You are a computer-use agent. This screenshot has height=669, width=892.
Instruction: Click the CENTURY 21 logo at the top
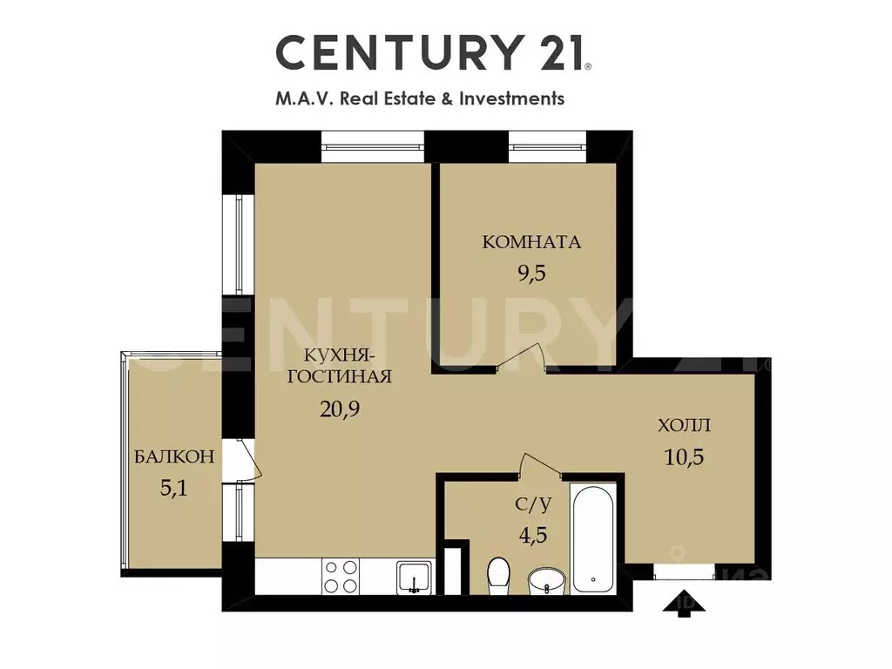tap(433, 52)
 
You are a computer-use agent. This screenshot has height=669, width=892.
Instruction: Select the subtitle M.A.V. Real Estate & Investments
tap(420, 98)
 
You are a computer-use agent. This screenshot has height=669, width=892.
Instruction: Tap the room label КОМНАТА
tap(531, 242)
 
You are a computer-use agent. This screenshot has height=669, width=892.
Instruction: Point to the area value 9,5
tap(531, 273)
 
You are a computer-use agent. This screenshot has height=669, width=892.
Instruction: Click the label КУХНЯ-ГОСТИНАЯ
tap(339, 366)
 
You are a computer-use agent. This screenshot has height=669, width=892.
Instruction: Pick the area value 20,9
tap(340, 409)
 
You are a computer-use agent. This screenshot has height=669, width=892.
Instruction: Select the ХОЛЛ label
tap(685, 425)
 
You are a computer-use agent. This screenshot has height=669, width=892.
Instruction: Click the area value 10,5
tap(685, 456)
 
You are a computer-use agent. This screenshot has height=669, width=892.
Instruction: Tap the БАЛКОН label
tap(174, 456)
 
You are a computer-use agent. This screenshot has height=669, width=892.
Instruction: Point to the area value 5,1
tap(173, 488)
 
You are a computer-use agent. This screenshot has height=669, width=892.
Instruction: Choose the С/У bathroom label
tap(533, 503)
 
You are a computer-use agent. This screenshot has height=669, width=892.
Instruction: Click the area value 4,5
tap(533, 535)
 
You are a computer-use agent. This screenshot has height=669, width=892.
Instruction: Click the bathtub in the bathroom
tap(593, 537)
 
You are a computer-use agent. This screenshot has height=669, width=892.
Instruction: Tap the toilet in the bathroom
tap(499, 575)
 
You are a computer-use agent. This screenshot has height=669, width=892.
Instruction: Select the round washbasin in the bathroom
tap(547, 580)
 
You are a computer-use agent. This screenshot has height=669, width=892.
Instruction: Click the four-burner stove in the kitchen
tap(341, 577)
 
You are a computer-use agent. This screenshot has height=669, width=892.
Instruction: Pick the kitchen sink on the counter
tap(414, 577)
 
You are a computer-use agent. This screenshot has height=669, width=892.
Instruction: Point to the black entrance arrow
tap(685, 605)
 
